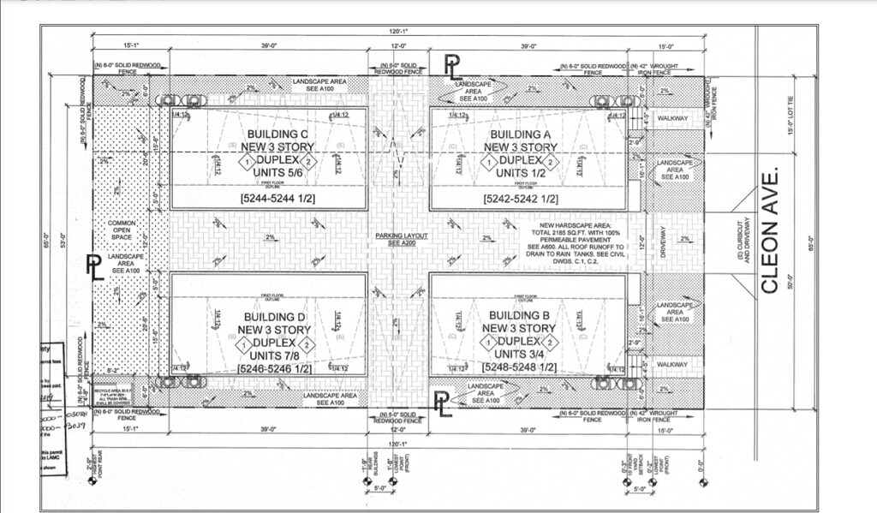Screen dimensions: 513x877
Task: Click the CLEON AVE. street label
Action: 770,230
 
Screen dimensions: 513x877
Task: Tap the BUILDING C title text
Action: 277,134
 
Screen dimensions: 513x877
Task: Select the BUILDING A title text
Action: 520,134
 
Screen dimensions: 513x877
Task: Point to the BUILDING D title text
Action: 268,317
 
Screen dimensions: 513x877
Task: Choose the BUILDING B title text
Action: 520,316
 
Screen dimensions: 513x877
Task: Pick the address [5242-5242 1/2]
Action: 521,199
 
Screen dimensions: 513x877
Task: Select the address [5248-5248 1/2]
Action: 520,367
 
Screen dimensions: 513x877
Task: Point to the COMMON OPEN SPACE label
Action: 122,230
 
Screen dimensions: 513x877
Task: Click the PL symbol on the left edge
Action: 95,267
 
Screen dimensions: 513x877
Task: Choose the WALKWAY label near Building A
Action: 672,117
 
